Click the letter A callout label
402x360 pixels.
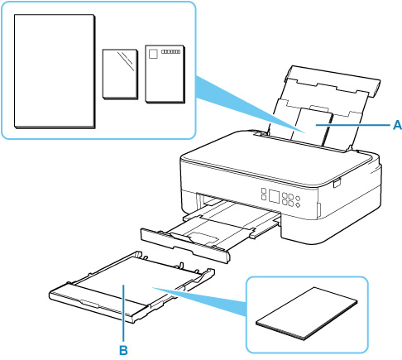click(397, 125)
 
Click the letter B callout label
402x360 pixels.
click(123, 350)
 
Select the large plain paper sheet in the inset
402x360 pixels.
click(55, 71)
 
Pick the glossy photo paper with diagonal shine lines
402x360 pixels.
click(120, 74)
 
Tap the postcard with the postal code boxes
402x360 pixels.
click(165, 74)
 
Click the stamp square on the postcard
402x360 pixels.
click(153, 54)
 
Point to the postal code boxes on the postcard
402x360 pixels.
click(170, 51)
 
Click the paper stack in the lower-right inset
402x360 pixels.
click(307, 313)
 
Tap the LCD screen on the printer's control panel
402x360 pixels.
click(274, 196)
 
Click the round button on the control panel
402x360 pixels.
click(297, 199)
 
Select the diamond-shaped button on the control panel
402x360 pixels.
click(297, 205)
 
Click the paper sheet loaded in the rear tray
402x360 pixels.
click(311, 127)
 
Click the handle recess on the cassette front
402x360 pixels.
click(89, 304)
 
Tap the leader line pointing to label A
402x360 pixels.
click(353, 125)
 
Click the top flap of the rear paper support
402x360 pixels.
click(333, 81)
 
